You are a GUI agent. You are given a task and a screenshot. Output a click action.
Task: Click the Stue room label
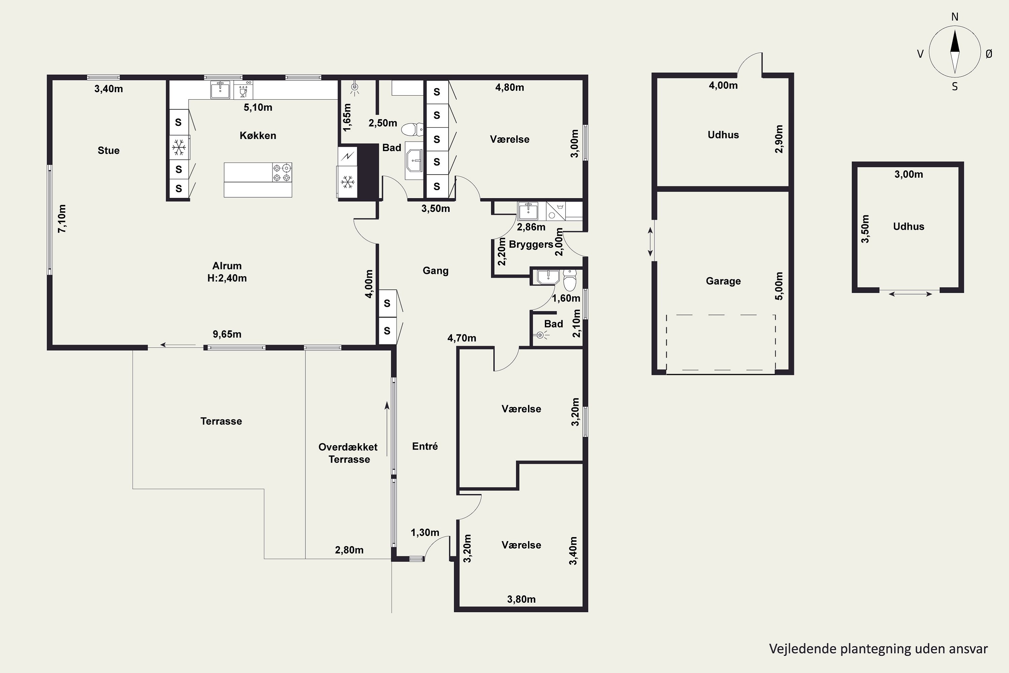tap(109, 150)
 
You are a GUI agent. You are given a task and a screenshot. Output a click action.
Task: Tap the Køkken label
tap(258, 136)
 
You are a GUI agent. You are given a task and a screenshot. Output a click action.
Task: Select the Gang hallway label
tap(436, 271)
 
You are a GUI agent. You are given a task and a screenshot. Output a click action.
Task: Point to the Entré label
tap(425, 447)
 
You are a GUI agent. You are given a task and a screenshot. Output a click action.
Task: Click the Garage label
tap(723, 281)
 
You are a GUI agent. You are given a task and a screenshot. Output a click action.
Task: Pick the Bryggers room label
tap(531, 244)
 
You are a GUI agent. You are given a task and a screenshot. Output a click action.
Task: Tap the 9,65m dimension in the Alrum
tap(227, 334)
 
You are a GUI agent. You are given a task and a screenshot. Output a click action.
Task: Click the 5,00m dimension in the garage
tap(779, 286)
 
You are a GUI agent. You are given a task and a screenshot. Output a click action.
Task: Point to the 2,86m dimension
tap(531, 227)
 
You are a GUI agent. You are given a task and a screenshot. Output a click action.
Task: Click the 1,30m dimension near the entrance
tap(425, 533)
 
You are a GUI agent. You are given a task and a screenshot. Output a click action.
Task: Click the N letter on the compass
tap(955, 17)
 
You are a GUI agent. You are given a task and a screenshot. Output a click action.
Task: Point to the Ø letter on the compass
tap(989, 54)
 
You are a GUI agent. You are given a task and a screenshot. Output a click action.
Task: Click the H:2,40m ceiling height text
tap(227, 278)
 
